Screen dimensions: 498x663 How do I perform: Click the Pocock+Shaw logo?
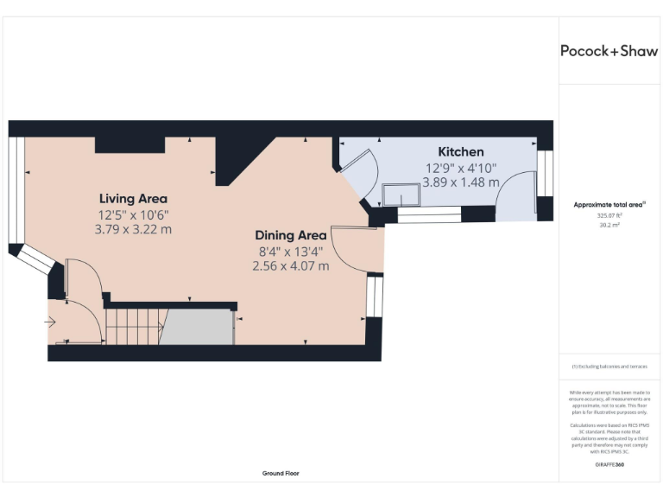tap(609, 51)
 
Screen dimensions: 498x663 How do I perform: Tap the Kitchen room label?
tap(460, 152)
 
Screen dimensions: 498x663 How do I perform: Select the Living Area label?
tap(133, 198)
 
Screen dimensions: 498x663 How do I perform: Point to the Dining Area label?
tap(290, 235)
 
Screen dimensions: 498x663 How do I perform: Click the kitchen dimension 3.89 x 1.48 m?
tap(461, 182)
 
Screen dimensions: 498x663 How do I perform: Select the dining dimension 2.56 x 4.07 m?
tap(290, 266)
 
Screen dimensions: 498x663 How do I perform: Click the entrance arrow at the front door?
tap(51, 322)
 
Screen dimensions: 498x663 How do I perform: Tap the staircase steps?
tap(132, 327)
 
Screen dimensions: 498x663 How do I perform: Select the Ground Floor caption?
tap(281, 474)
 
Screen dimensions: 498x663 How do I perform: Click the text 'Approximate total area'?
tap(608, 205)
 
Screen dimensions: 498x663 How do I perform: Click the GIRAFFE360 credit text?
tap(609, 465)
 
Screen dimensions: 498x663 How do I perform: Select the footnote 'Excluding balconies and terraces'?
tap(609, 367)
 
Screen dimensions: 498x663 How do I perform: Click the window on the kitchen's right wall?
tap(544, 173)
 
